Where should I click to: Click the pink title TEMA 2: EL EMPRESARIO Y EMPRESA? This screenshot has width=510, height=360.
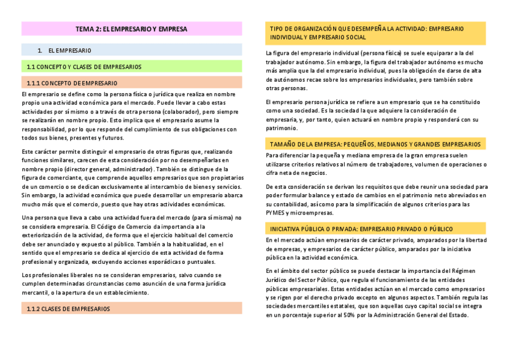(132, 29)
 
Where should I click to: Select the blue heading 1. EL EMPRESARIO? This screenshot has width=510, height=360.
(69, 50)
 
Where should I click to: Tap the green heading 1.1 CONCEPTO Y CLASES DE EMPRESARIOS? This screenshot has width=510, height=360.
(84, 67)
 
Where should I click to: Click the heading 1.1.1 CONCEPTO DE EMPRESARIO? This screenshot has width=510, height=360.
(72, 82)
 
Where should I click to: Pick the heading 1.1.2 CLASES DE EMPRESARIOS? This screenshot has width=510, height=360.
(69, 308)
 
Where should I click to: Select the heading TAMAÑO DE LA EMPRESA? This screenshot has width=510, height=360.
(375, 144)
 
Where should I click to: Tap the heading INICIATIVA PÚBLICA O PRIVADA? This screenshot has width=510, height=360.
(361, 229)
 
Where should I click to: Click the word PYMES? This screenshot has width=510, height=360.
(275, 213)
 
